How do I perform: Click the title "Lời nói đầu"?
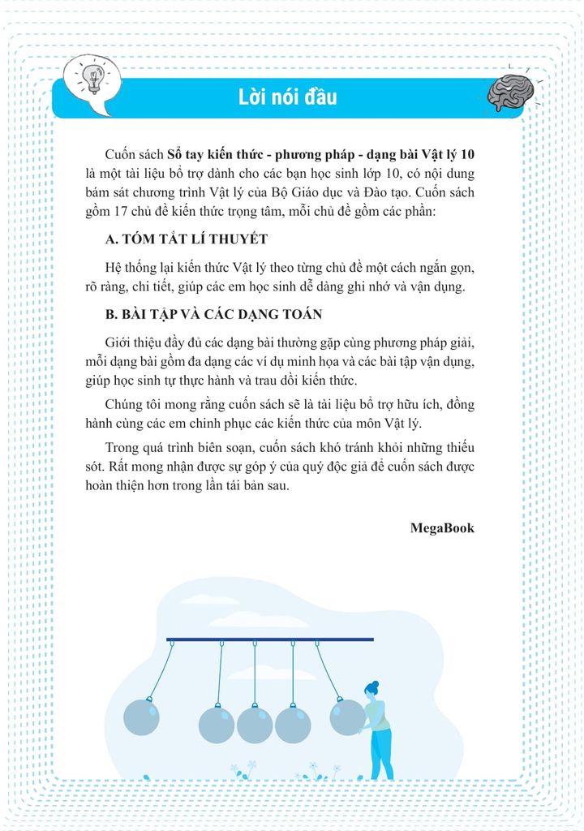288,98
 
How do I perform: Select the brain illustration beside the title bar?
509,91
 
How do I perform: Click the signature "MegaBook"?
442,527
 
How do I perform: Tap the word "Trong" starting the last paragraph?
122,448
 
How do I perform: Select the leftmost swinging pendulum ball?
141,717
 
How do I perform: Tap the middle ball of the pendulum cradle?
255,725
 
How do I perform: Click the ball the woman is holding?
347,717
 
